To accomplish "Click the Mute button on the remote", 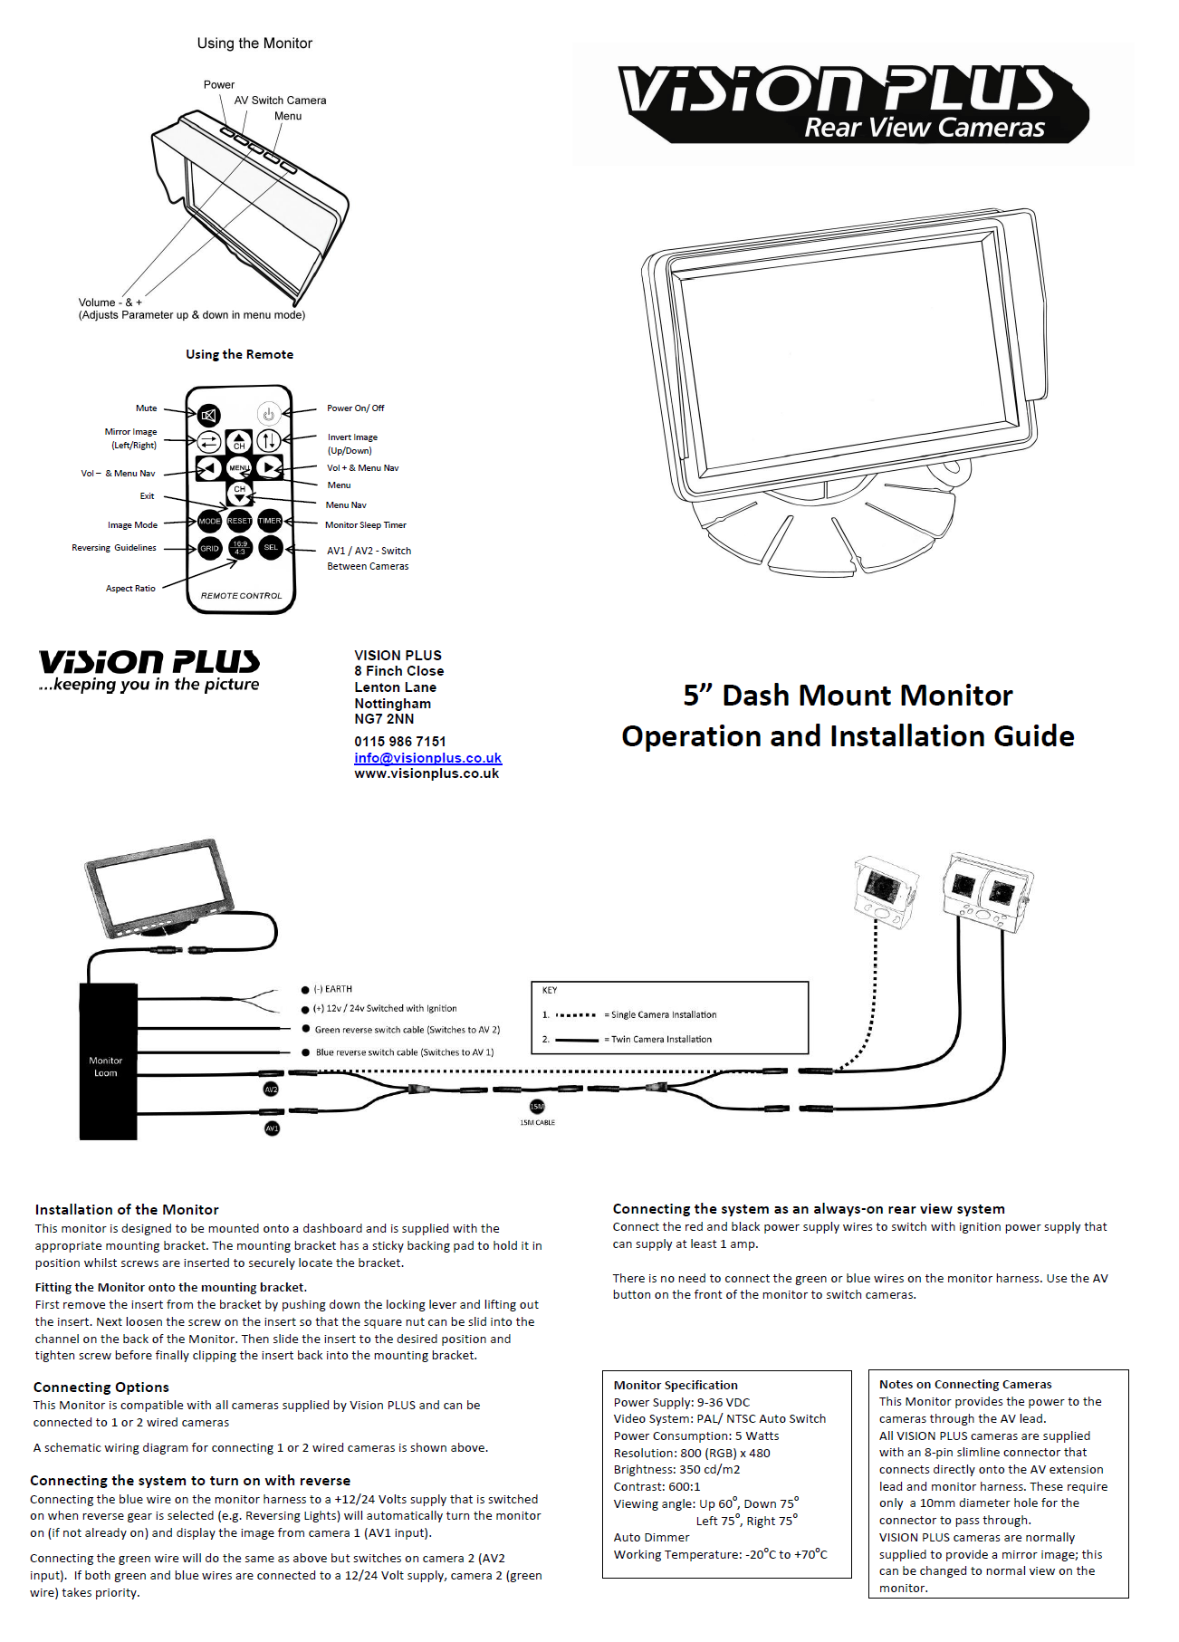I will click(x=209, y=416).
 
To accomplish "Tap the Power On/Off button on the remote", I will click(x=268, y=414).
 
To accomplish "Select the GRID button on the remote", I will click(x=209, y=548).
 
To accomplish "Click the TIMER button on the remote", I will click(x=270, y=521).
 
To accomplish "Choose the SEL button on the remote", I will click(x=271, y=547).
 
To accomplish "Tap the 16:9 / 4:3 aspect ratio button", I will click(x=240, y=548).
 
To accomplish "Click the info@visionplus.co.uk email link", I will click(x=427, y=758).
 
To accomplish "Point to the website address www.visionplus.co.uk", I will click(x=427, y=773).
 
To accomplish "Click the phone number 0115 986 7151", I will click(x=400, y=741).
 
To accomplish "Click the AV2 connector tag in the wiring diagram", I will click(x=271, y=1090).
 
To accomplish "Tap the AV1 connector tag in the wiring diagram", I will click(x=272, y=1128).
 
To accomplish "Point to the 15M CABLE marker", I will click(x=537, y=1108).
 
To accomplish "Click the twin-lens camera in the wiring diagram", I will click(x=986, y=891).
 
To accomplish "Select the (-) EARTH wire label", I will click(x=332, y=989).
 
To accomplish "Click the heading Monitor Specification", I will click(x=676, y=1385).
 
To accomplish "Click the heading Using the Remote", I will click(x=240, y=354).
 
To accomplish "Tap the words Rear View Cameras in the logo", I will click(x=925, y=128).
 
